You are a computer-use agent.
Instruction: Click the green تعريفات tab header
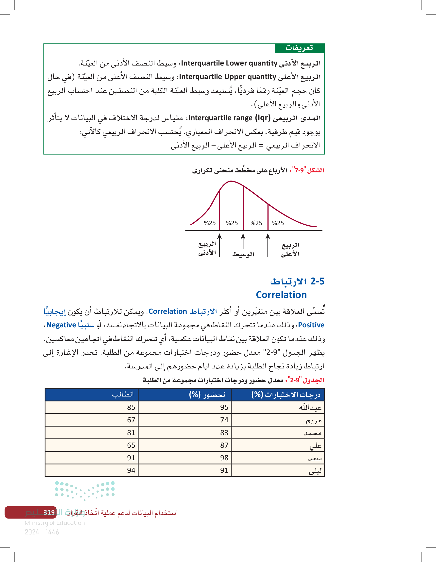[299, 48]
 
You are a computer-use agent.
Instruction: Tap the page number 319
[49, 512]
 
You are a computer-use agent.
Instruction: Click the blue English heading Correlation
[281, 295]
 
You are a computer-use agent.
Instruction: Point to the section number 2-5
[317, 281]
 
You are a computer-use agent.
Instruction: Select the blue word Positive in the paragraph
[311, 325]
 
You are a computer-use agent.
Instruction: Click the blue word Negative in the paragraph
[61, 325]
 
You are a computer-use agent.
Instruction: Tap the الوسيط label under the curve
[243, 254]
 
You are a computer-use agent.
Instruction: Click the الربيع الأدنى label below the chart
[207, 248]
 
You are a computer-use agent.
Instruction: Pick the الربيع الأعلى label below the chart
[290, 249]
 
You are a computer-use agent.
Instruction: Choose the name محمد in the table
[312, 433]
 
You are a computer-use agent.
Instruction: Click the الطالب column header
[123, 394]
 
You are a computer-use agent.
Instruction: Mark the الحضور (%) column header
[208, 395]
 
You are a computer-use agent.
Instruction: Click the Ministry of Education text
[55, 523]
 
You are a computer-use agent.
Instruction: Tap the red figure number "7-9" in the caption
[299, 170]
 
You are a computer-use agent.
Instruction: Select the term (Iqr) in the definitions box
[263, 118]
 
